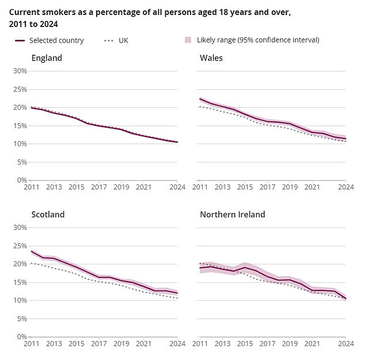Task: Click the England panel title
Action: [x=47, y=58]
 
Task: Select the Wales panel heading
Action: [x=211, y=58]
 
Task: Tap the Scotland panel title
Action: [x=48, y=214]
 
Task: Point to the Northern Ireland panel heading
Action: [x=233, y=214]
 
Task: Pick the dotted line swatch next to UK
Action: [x=111, y=40]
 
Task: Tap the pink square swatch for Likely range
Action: [x=188, y=40]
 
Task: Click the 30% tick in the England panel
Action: [x=20, y=71]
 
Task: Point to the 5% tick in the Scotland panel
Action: [x=22, y=319]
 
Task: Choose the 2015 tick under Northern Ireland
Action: [x=245, y=344]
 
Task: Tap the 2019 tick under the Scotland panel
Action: [x=121, y=344]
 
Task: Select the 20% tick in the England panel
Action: [x=20, y=107]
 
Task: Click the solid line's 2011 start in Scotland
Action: [x=31, y=251]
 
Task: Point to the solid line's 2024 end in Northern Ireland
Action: [x=345, y=298]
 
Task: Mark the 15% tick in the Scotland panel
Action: [x=20, y=282]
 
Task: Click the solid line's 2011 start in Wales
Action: [x=200, y=99]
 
